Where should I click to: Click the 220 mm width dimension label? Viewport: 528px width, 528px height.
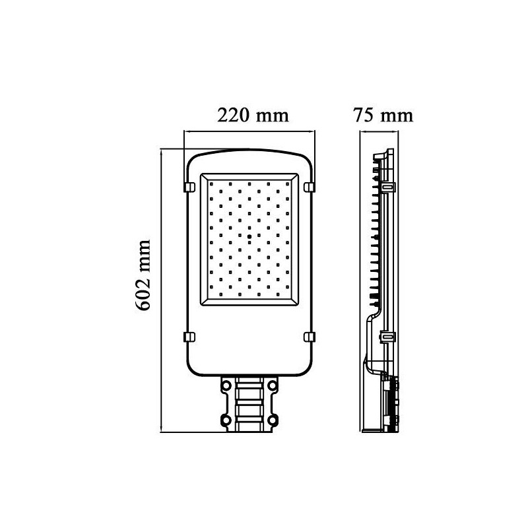click(x=253, y=115)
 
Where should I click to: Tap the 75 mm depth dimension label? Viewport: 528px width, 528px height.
click(x=383, y=115)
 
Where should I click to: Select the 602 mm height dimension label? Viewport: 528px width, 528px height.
click(x=143, y=275)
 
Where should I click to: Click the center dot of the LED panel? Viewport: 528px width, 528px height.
click(x=249, y=237)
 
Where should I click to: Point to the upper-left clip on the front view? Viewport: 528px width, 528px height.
click(x=189, y=187)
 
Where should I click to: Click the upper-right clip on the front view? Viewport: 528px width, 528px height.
click(x=310, y=187)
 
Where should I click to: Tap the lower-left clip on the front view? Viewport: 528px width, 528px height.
click(x=189, y=337)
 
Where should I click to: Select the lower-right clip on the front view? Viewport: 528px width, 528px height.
click(x=310, y=337)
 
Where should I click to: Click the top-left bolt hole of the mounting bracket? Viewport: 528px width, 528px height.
click(x=226, y=384)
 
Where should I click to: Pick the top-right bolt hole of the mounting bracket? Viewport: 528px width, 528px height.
click(x=273, y=384)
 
